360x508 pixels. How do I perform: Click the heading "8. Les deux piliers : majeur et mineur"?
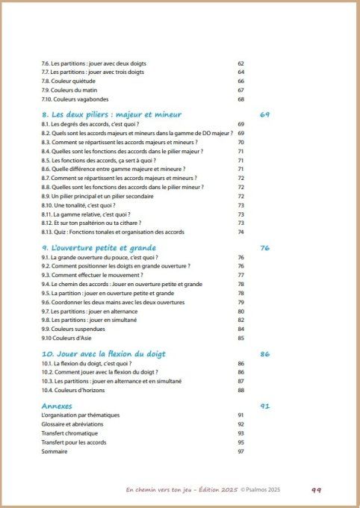click(111, 114)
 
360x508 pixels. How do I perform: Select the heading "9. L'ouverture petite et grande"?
click(100, 247)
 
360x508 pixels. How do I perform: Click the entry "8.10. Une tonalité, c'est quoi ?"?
click(84, 205)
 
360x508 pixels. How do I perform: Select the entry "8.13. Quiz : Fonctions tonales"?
click(112, 232)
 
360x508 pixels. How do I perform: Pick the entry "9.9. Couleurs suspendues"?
click(73, 329)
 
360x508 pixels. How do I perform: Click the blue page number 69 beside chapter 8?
click(264, 114)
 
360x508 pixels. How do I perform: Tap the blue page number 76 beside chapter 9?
click(264, 247)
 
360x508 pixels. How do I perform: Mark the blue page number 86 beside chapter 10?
click(264, 353)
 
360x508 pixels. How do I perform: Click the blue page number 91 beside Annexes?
click(264, 406)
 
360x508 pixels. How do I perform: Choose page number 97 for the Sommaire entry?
click(241, 451)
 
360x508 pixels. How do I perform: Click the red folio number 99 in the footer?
click(315, 490)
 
